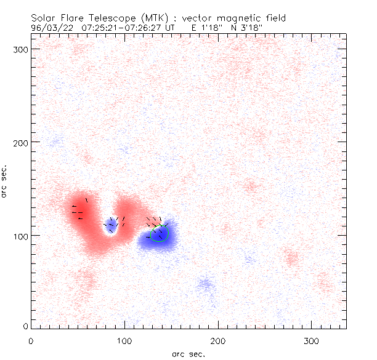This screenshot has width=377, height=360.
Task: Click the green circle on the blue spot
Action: point(160,234)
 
